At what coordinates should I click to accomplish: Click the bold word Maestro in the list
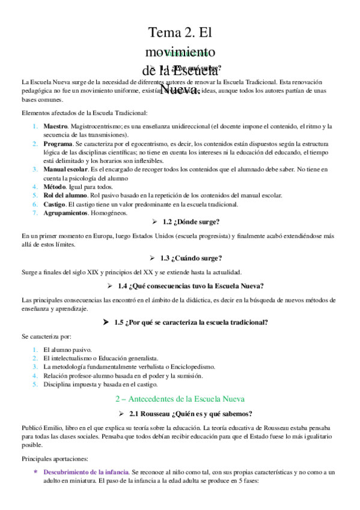pyautogui.click(x=55, y=126)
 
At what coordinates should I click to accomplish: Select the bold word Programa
pyautogui.click(x=58, y=145)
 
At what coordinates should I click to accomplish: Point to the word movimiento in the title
pyautogui.click(x=182, y=51)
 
